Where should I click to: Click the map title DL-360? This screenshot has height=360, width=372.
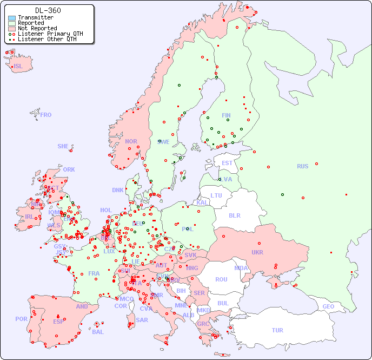(48, 10)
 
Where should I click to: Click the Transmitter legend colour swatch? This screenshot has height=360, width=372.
(12, 18)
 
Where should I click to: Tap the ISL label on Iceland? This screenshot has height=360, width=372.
(18, 67)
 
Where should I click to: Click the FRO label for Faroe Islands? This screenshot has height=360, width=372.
(46, 115)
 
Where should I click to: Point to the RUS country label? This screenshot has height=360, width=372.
(302, 166)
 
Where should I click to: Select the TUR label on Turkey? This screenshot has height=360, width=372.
(277, 330)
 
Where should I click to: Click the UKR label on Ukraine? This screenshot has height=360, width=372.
(257, 252)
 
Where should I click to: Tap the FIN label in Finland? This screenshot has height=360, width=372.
(226, 115)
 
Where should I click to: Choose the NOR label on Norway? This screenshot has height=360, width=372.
(131, 141)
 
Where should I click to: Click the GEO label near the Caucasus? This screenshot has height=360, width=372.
(328, 306)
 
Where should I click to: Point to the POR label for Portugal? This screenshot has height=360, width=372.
(21, 319)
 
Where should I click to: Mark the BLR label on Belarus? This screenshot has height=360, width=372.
(234, 215)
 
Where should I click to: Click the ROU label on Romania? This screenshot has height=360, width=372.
(221, 279)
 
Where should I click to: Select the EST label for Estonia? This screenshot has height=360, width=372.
(227, 163)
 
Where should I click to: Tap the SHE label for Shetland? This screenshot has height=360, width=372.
(63, 146)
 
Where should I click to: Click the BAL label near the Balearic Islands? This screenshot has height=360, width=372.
(98, 332)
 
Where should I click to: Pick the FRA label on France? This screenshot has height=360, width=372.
(94, 273)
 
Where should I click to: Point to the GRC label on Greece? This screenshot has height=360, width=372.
(204, 324)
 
